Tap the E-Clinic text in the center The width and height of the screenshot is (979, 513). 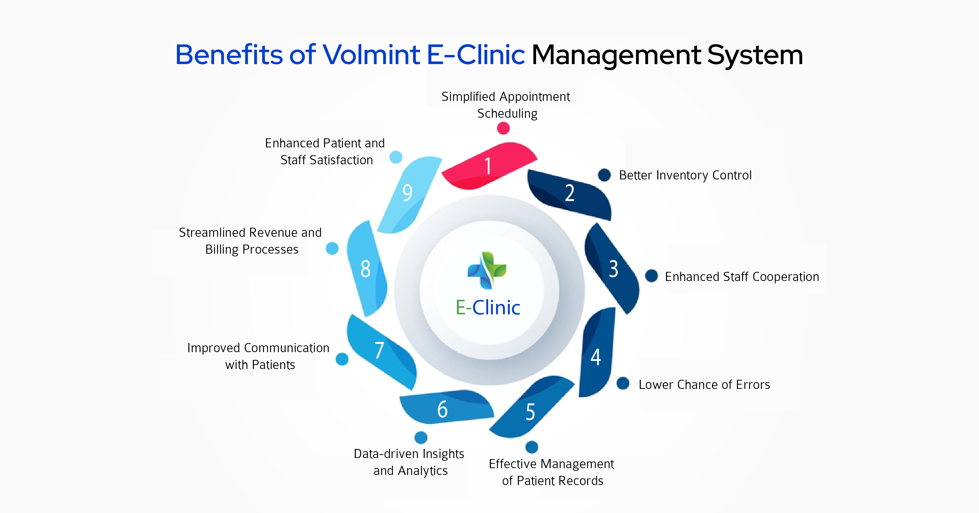pos(488,307)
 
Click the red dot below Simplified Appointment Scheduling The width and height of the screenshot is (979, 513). pos(503,129)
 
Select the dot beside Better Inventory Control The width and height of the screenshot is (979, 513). pos(604,175)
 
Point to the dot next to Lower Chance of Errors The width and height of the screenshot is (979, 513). pos(623,383)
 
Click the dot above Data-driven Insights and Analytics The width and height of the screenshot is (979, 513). pos(421,437)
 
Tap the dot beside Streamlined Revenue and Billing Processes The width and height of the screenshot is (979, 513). pos(332,248)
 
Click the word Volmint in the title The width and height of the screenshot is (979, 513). pos(371,55)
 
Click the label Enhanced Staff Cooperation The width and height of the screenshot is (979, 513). pos(742,277)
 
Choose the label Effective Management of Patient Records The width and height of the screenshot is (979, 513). pos(552,472)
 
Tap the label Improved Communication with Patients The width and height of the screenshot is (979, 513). pos(259,356)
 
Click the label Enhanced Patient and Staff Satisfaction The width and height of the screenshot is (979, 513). pos(325,151)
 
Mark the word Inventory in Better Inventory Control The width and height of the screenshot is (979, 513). pos(682,175)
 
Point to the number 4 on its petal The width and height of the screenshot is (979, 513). pos(596,357)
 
